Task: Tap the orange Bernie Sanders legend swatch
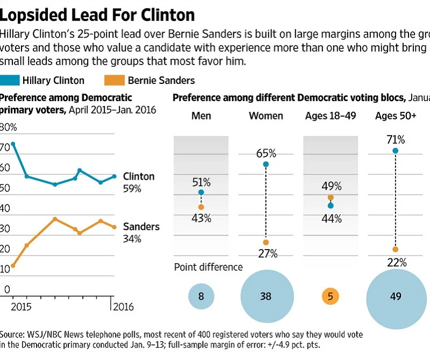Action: tap(113, 81)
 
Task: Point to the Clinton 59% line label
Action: tap(138, 182)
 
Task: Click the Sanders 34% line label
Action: tap(141, 232)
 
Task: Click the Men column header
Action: tap(201, 116)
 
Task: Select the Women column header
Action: tap(266, 116)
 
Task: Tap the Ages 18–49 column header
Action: tap(330, 116)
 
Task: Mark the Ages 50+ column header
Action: tap(395, 116)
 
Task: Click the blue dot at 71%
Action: tap(395, 151)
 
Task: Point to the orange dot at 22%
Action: tap(395, 249)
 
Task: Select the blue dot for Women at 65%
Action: tap(266, 164)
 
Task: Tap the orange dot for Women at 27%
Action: tap(266, 243)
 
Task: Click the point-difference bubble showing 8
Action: tap(201, 296)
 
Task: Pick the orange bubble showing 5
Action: tap(330, 296)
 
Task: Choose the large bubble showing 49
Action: tap(395, 296)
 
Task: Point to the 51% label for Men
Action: tap(200, 181)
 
